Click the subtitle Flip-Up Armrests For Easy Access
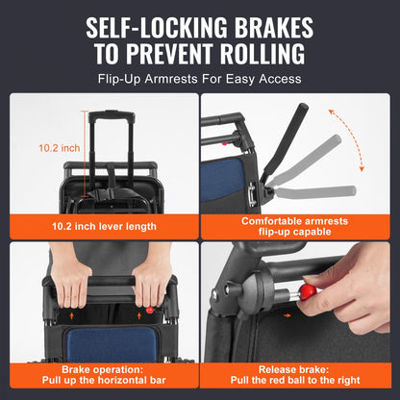pos(199,79)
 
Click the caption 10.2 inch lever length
pos(101,227)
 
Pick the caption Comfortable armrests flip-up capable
pos(299,227)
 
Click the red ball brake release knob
pos(309,291)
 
